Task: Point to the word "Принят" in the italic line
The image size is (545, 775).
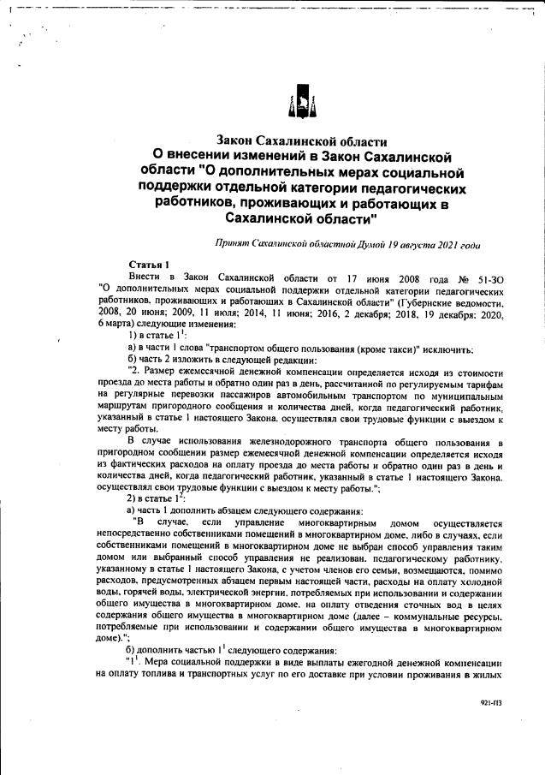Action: point(235,244)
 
